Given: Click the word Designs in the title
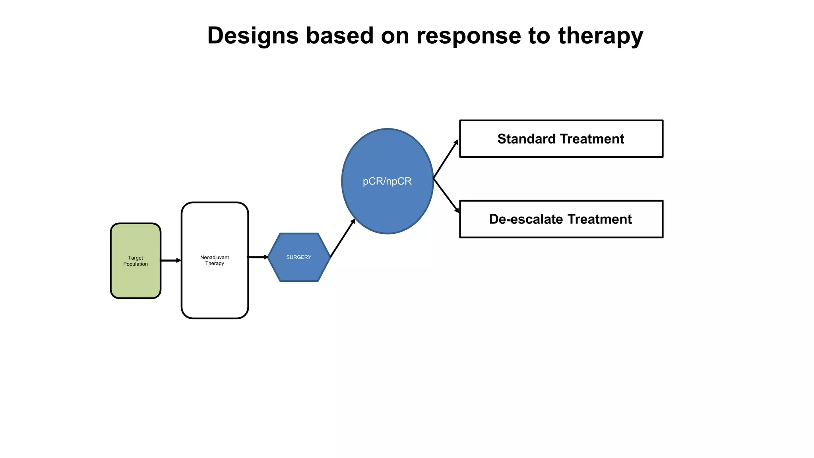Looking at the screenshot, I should pos(252,36).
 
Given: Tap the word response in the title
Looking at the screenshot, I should pos(468,36).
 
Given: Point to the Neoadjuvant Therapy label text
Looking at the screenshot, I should pos(215,260).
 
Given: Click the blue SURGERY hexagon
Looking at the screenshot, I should pos(299,257).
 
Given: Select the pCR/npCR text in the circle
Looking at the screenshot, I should pos(387,181).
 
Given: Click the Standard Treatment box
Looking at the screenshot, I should pos(561,139).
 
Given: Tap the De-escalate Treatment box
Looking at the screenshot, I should pos(561,219).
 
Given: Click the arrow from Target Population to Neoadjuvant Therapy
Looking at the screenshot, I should pos(171,260).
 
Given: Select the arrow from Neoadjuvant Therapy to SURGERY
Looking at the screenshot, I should pos(258,257).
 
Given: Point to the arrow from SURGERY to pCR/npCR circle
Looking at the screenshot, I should pos(343,238).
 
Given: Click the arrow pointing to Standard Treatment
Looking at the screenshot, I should pos(446,159).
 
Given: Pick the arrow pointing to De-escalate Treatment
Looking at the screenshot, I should pos(446,195).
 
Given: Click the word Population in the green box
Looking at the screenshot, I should pos(136,264).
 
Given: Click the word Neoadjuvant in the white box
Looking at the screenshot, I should pos(215,257).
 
